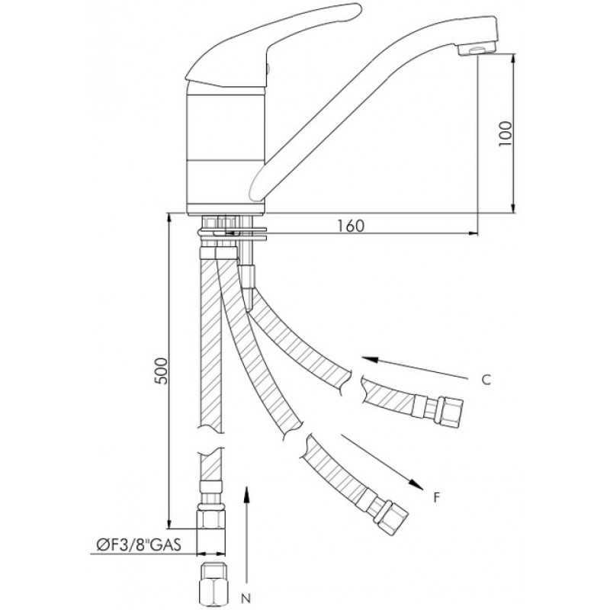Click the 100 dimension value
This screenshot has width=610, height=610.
tap(506, 133)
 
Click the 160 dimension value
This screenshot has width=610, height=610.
tap(351, 226)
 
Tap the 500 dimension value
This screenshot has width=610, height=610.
tap(162, 371)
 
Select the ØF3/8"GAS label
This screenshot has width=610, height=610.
tap(138, 544)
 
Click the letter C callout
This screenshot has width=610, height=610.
tap(486, 379)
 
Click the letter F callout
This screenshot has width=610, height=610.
tap(437, 497)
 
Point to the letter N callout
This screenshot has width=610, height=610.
tap(246, 598)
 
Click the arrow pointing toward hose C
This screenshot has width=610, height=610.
tap(414, 368)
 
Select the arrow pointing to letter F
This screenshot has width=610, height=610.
tap(382, 461)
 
